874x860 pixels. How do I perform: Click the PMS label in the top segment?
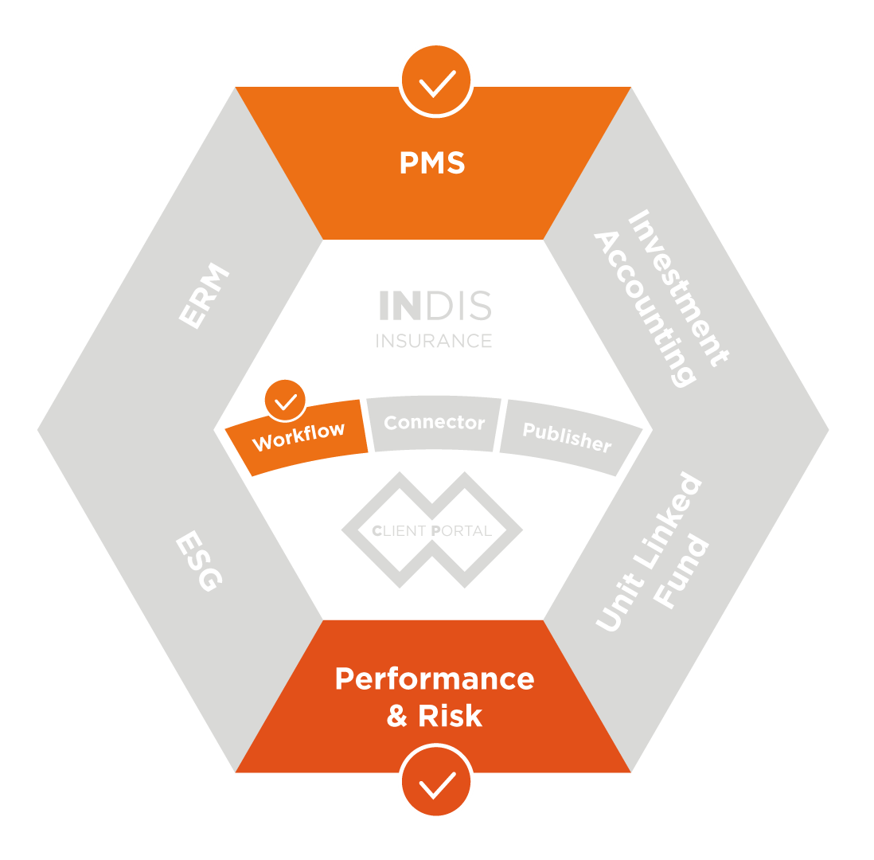click(432, 163)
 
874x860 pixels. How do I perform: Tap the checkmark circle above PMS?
click(436, 80)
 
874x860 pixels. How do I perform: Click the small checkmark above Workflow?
click(284, 401)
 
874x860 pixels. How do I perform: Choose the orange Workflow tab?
click(298, 436)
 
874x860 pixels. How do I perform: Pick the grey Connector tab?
click(434, 423)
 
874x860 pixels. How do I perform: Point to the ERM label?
click(204, 296)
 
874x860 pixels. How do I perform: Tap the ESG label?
click(198, 562)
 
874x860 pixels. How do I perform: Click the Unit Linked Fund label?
click(651, 553)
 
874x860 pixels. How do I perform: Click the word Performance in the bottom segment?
click(435, 679)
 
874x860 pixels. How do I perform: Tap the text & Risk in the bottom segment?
click(435, 716)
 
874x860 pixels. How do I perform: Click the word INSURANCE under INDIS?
click(434, 341)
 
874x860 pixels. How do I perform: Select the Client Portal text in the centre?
click(432, 531)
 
